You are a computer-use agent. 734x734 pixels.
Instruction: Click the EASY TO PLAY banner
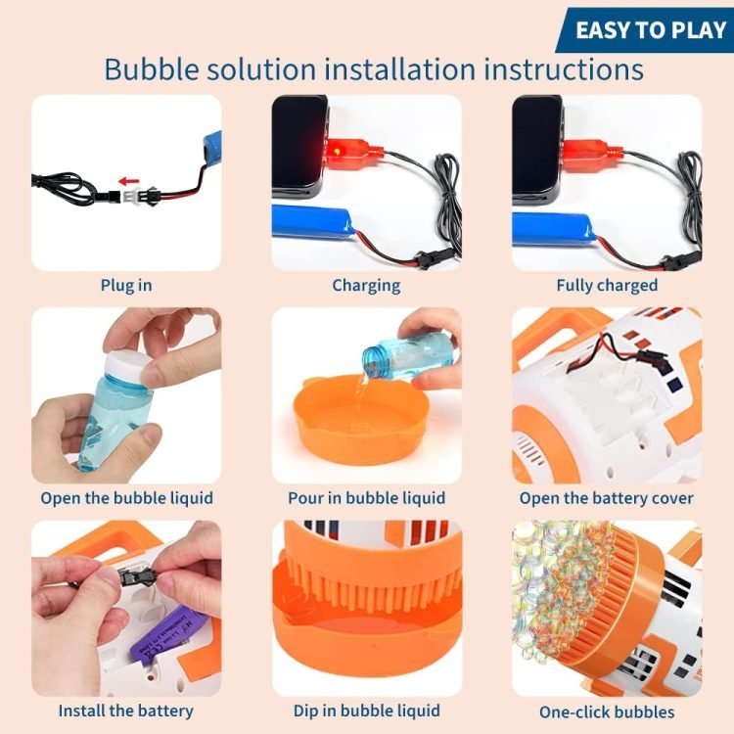[x=645, y=30]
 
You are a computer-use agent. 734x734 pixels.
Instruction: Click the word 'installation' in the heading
[x=400, y=69]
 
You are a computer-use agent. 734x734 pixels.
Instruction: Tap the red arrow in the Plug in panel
[x=129, y=181]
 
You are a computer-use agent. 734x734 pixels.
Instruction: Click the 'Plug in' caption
[x=126, y=285]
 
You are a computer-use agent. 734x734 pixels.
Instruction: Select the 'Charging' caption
[x=367, y=286]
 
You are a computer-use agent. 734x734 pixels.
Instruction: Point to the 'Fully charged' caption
[x=607, y=285]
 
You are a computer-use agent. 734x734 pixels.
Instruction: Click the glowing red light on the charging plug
[x=336, y=151]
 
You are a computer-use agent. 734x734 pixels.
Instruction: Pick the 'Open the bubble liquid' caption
[x=126, y=498]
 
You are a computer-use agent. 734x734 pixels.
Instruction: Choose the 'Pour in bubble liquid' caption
[x=367, y=498]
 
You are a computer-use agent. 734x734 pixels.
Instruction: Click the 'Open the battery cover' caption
[x=607, y=498]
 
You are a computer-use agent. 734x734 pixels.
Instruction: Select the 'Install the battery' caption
[x=126, y=711]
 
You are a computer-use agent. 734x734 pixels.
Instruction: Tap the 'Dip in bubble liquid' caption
[x=367, y=711]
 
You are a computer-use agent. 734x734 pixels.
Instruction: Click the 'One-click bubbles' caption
[x=607, y=712]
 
